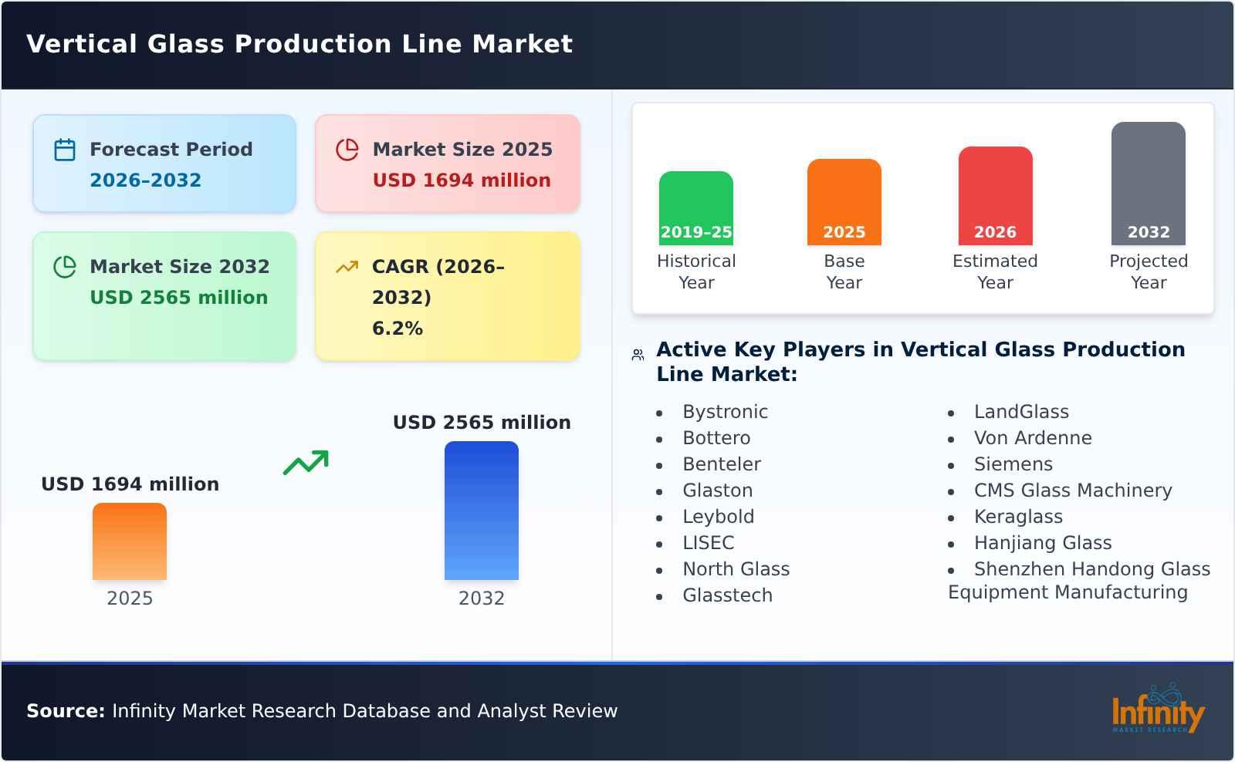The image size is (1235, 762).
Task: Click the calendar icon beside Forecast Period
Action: pyautogui.click(x=65, y=150)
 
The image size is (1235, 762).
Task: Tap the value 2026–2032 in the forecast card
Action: pyautogui.click(x=145, y=180)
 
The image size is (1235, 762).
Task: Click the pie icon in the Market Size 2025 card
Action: pyautogui.click(x=347, y=150)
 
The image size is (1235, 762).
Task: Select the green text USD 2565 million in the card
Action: pyautogui.click(x=179, y=298)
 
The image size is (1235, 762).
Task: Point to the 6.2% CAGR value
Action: pyautogui.click(x=398, y=329)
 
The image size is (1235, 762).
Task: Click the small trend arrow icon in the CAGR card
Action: pyautogui.click(x=347, y=267)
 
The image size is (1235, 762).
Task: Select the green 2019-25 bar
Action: pyautogui.click(x=696, y=208)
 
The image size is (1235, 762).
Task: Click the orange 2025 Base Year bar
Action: pyautogui.click(x=844, y=202)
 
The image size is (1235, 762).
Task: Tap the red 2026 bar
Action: pyautogui.click(x=995, y=196)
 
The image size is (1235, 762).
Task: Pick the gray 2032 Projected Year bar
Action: pyautogui.click(x=1148, y=184)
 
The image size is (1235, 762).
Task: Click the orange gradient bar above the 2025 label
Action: pyautogui.click(x=130, y=541)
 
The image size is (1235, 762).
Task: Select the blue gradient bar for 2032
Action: pyautogui.click(x=482, y=511)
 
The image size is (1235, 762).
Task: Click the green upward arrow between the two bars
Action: pyautogui.click(x=306, y=463)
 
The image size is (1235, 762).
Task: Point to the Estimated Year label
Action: pyautogui.click(x=995, y=271)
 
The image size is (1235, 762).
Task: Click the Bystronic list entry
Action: pyautogui.click(x=725, y=412)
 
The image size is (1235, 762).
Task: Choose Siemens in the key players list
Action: pyautogui.click(x=1013, y=464)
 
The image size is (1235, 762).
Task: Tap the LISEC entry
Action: pyautogui.click(x=708, y=543)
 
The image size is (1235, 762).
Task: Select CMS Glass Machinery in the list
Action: pyautogui.click(x=1072, y=491)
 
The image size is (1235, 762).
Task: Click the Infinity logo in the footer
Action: pyautogui.click(x=1157, y=710)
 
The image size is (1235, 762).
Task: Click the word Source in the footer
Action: pyautogui.click(x=65, y=711)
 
